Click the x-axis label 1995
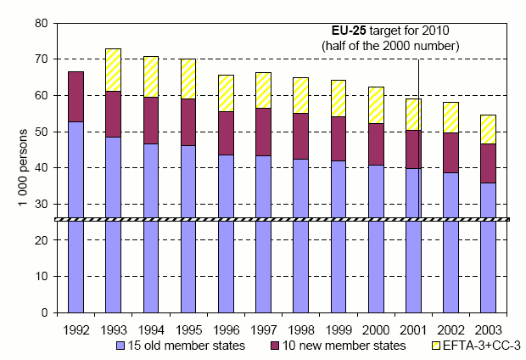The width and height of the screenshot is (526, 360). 188,329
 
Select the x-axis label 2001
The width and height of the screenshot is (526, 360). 413,329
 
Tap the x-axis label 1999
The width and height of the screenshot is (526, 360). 339,329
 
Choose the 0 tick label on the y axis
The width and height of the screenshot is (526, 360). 44,313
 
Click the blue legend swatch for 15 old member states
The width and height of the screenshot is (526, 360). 120,346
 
